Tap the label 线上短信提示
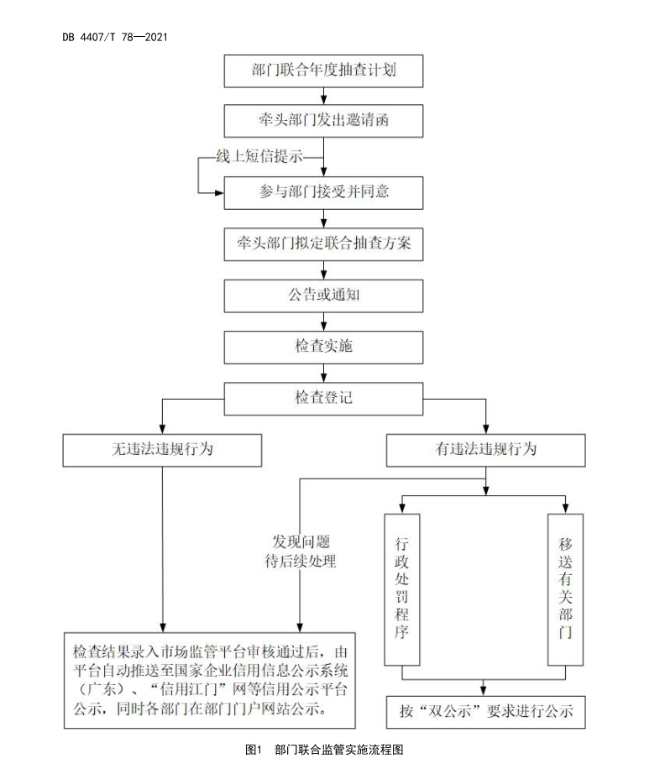pyautogui.click(x=258, y=157)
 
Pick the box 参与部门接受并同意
pyautogui.click(x=323, y=192)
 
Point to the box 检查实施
pyautogui.click(x=323, y=346)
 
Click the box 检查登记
pyautogui.click(x=323, y=396)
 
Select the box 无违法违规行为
pyautogui.click(x=162, y=449)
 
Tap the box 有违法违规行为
pyautogui.click(x=486, y=449)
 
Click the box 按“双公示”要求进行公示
pyautogui.click(x=485, y=711)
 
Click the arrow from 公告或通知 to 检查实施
pyautogui.click(x=323, y=321)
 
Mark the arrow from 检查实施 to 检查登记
pyautogui.click(x=323, y=371)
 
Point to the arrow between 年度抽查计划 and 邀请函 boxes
pyautogui.click(x=323, y=96)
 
